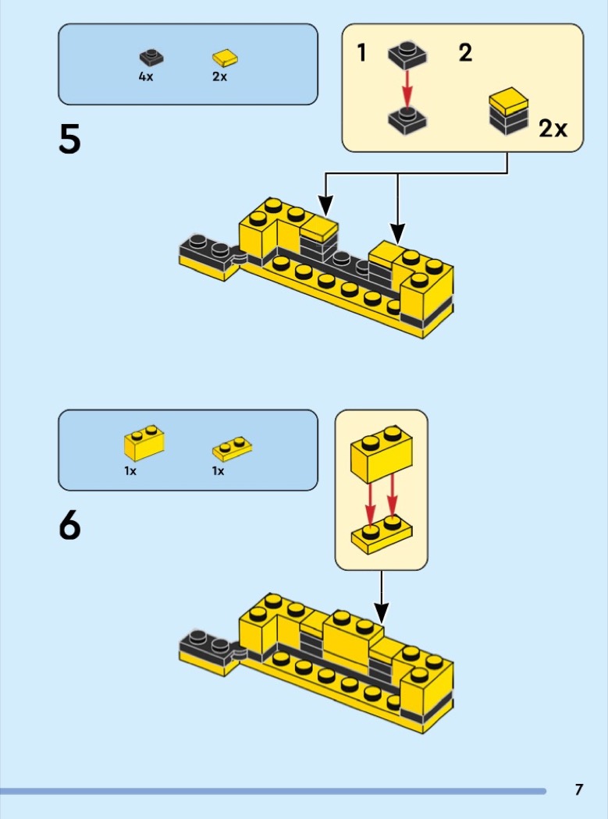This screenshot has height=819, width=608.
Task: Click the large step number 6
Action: (69, 526)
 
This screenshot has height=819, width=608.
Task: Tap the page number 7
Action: (578, 789)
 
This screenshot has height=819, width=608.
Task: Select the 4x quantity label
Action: (146, 77)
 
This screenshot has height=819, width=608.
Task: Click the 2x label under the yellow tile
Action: (219, 77)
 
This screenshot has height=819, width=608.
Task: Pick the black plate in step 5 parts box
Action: (151, 57)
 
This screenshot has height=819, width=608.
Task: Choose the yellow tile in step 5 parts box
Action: (225, 57)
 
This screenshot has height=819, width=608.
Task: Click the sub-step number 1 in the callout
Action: (361, 53)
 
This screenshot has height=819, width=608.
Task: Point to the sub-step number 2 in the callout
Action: (465, 53)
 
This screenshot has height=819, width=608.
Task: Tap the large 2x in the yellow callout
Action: (553, 128)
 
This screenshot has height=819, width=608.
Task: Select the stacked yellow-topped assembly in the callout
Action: (508, 112)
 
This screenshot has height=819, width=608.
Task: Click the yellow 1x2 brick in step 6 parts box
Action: (144, 444)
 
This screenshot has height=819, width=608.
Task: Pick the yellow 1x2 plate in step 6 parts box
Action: (233, 449)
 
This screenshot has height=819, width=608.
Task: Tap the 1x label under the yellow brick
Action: (130, 471)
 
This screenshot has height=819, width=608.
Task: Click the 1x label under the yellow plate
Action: (218, 471)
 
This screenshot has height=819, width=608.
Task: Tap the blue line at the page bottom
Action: (273, 791)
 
